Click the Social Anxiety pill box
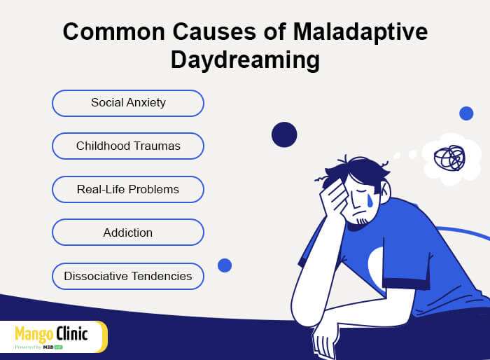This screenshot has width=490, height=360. [x=128, y=103]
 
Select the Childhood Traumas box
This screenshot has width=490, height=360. [x=128, y=146]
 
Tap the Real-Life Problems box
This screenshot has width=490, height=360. [x=128, y=189]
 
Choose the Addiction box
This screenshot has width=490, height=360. [x=128, y=233]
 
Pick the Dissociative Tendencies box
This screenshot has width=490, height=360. [x=128, y=276]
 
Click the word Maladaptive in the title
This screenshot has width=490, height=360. [x=360, y=32]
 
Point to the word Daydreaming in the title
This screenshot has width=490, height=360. [x=245, y=60]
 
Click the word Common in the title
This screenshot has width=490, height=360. [x=113, y=32]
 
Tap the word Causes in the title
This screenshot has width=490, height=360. [x=214, y=32]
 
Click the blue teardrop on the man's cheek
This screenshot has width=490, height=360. [x=370, y=200]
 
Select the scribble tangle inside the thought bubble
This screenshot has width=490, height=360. [x=449, y=158]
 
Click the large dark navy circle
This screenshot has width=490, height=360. [x=284, y=134]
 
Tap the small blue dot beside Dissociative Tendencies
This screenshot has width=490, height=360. [x=225, y=265]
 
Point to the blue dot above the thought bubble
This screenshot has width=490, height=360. [x=466, y=113]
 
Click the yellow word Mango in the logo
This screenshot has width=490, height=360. [x=34, y=334]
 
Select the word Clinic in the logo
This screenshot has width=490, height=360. [x=72, y=333]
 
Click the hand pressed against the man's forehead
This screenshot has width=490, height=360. [x=333, y=197]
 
